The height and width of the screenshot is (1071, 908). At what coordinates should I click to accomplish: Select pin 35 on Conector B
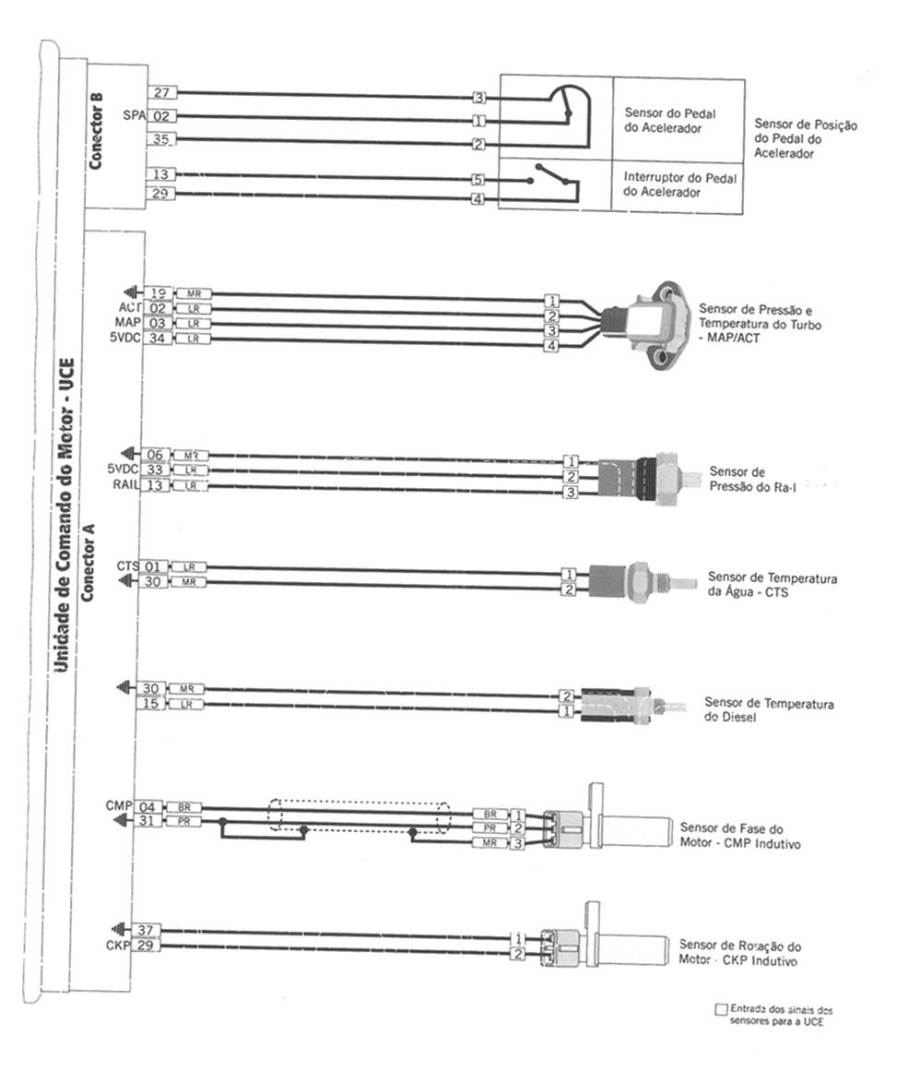pos(161,139)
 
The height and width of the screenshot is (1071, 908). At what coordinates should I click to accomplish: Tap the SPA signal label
pos(134,115)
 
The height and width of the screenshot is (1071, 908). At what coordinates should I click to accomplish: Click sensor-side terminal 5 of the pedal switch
pos(478,179)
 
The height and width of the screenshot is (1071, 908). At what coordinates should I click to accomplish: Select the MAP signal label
pos(127,323)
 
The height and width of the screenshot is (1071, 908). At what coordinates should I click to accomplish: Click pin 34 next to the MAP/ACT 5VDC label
pos(159,339)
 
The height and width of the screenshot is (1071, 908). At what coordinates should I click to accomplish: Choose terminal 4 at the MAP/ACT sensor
pos(551,346)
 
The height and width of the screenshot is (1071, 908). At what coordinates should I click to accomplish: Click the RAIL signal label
pos(126,485)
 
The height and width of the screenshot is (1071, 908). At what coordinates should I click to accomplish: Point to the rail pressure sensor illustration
pos(645,478)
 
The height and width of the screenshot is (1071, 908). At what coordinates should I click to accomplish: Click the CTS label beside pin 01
pos(127,565)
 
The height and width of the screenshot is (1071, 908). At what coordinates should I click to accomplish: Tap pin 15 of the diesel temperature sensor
pos(152,705)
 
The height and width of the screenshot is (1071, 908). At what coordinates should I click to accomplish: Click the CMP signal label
pos(121,805)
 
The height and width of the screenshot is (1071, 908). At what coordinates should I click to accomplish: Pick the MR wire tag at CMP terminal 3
pos(489,843)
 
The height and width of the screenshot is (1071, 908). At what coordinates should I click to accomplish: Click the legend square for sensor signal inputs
pos(721,1009)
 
